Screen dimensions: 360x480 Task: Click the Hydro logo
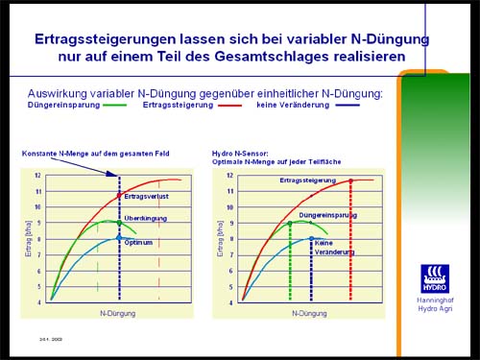(x=434, y=278)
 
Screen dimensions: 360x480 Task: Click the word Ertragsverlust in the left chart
(x=144, y=197)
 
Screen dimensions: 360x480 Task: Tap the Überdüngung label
(x=146, y=219)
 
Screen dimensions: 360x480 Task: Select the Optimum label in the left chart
(x=138, y=242)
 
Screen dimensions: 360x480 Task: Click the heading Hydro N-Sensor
(x=241, y=152)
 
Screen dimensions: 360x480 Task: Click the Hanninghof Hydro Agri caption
(x=435, y=304)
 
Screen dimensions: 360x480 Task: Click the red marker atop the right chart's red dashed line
(x=351, y=180)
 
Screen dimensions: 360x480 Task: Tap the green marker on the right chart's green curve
(x=290, y=223)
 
